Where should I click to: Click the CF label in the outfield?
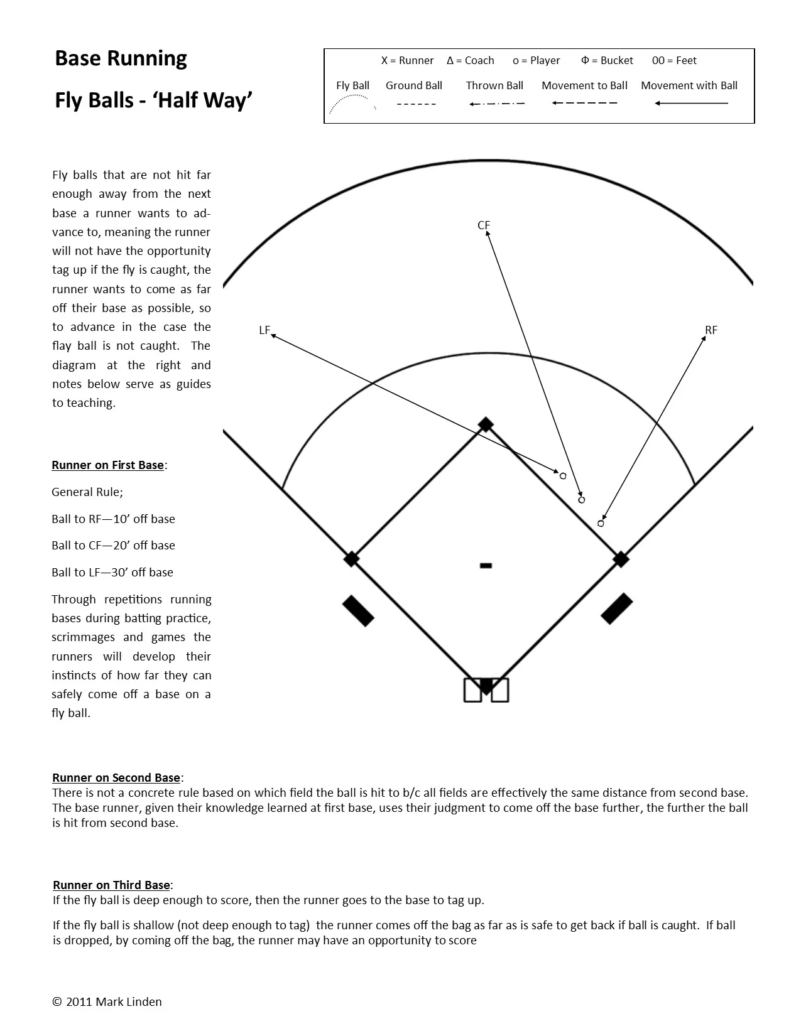pyautogui.click(x=483, y=225)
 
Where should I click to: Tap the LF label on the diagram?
pyautogui.click(x=264, y=330)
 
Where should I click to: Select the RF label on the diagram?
pyautogui.click(x=711, y=330)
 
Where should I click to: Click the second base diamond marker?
pyautogui.click(x=486, y=424)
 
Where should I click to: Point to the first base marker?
pyautogui.click(x=621, y=559)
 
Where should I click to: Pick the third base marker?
pyautogui.click(x=351, y=559)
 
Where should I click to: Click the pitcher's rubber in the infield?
pyautogui.click(x=486, y=566)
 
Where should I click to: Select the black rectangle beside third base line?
pyautogui.click(x=358, y=610)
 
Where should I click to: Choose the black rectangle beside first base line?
pyautogui.click(x=617, y=608)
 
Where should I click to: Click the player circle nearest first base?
pyautogui.click(x=601, y=523)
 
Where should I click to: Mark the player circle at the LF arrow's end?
pyautogui.click(x=563, y=476)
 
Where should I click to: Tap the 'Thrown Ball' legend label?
pyautogui.click(x=494, y=85)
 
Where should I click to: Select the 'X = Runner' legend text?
pyautogui.click(x=407, y=60)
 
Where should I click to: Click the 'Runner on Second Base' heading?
pyautogui.click(x=116, y=777)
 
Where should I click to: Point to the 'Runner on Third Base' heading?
pyautogui.click(x=111, y=885)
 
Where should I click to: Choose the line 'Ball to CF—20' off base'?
pyautogui.click(x=113, y=545)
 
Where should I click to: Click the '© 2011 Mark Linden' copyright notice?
pyautogui.click(x=107, y=1001)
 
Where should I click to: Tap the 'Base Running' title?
pyautogui.click(x=121, y=58)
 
